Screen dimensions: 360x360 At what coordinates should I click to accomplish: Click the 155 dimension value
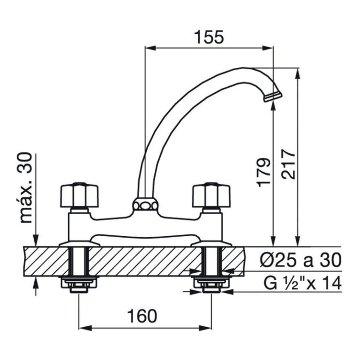tap(209, 37)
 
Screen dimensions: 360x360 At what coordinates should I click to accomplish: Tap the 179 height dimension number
tap(263, 172)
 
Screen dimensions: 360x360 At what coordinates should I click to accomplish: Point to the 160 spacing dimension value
tap(142, 315)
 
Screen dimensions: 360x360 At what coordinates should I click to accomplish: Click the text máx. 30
tap(26, 187)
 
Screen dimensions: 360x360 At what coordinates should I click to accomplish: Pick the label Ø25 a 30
tap(301, 260)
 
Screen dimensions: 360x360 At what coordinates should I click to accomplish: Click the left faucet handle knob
tap(79, 195)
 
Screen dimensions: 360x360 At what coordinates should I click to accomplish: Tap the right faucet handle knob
tap(211, 195)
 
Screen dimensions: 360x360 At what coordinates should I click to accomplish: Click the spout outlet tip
tap(273, 97)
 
